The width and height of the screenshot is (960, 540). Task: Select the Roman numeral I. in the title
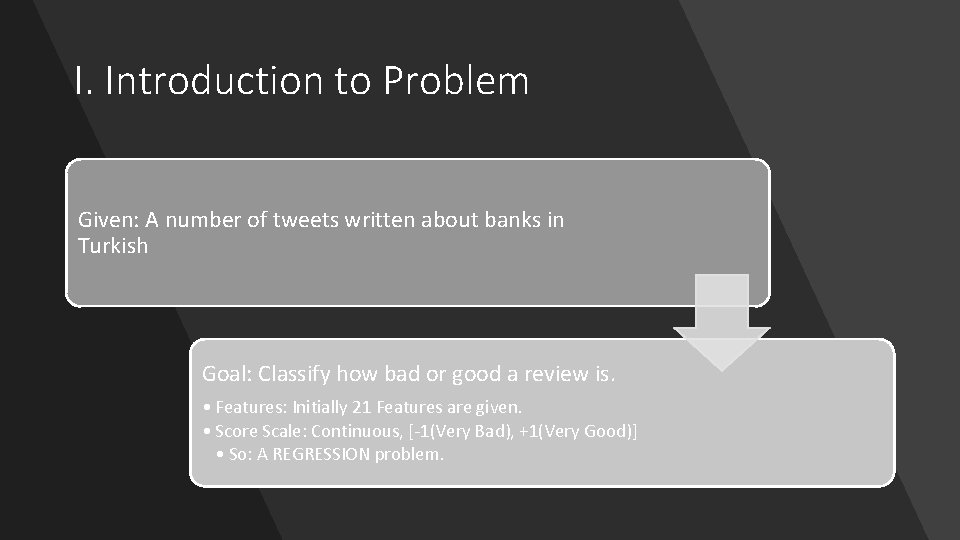pyautogui.click(x=84, y=81)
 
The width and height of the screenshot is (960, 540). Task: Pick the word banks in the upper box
pyautogui.click(x=513, y=220)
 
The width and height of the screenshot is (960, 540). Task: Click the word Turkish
pyautogui.click(x=113, y=246)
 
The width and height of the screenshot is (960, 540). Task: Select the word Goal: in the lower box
pyautogui.click(x=226, y=375)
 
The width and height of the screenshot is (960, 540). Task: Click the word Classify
pyautogui.click(x=299, y=375)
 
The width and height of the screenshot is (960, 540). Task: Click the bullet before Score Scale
pyautogui.click(x=205, y=431)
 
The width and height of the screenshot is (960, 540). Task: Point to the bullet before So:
pyautogui.click(x=219, y=454)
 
